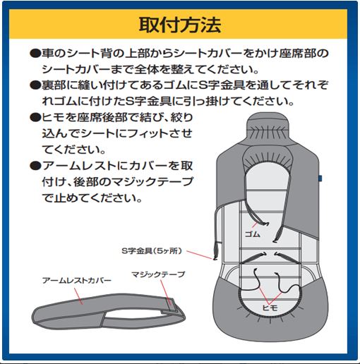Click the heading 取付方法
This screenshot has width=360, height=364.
180,25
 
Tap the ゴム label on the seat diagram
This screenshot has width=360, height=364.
253,234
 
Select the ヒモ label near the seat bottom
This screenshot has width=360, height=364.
270,308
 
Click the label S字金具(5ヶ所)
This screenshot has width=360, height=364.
152,251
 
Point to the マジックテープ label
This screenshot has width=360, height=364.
158,274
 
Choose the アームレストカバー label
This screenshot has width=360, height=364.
77,281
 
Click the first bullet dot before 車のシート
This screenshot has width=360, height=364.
35,54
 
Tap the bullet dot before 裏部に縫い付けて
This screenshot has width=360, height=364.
35,85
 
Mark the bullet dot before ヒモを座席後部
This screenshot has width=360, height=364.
35,117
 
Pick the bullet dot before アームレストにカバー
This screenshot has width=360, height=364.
35,166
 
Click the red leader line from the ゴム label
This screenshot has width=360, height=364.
255,224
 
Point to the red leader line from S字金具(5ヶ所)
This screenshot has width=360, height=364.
200,255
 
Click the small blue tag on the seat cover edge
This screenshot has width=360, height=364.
320,178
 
